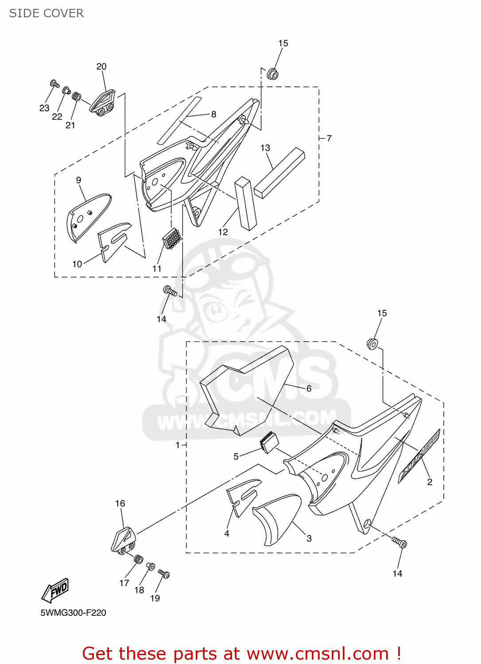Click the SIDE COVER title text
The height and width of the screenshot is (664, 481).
tap(47, 13)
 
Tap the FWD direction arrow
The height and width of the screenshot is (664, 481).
tap(55, 591)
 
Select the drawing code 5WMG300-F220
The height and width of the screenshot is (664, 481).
tap(74, 613)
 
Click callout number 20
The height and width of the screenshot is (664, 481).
tap(101, 66)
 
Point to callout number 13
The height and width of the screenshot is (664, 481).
tap(265, 148)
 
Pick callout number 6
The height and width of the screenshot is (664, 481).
tap(309, 388)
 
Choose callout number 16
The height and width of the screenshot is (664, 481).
tap(120, 503)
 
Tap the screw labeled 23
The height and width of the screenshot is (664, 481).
tap(55, 84)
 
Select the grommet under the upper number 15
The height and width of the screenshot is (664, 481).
tap(272, 73)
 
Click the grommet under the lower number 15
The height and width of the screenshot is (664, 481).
tap(372, 344)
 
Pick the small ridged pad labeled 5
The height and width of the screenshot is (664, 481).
tap(268, 442)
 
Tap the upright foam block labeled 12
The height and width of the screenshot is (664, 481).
tap(246, 204)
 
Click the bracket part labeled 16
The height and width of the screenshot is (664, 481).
tap(123, 540)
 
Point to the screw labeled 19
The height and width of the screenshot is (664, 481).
tap(164, 574)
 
